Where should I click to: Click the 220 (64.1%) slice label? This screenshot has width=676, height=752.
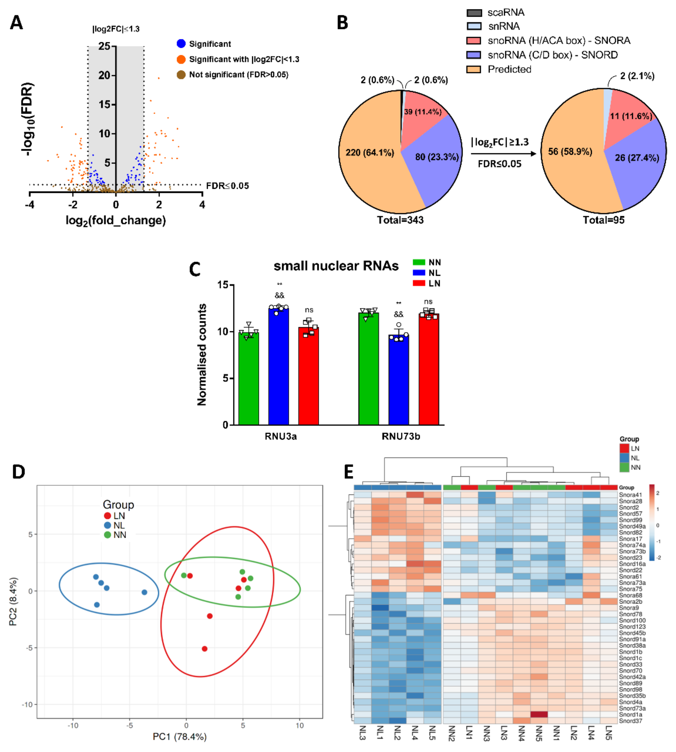(x=370, y=153)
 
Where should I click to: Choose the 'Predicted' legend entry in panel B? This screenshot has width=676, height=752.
(x=509, y=70)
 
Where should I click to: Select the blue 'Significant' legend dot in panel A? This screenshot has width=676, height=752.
(x=181, y=44)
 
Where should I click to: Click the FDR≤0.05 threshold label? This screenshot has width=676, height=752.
(x=227, y=186)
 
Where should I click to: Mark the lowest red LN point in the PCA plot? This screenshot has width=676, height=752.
(x=204, y=649)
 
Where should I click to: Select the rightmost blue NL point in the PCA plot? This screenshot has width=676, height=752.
(x=144, y=592)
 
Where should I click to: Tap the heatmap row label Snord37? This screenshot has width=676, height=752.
(x=630, y=721)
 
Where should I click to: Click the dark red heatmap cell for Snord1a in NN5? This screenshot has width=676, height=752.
(x=539, y=714)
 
